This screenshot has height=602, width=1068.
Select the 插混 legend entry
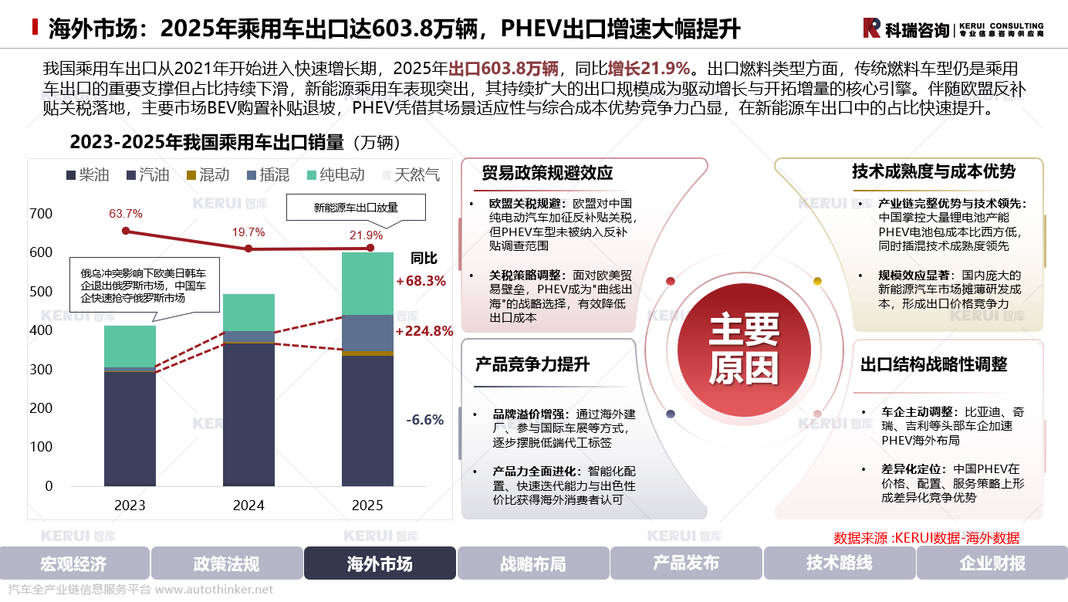(x=267, y=174)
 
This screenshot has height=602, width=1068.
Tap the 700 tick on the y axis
(x=40, y=214)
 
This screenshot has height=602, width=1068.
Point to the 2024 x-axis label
(x=248, y=506)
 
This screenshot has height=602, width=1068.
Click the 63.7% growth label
(x=126, y=213)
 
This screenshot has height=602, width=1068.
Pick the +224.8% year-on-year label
(x=424, y=332)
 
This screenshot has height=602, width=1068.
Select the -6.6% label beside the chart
(x=425, y=421)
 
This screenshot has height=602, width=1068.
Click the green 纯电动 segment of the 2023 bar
(x=130, y=346)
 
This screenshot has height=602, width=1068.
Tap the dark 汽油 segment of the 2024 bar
(x=248, y=413)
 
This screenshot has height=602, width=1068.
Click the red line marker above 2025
(x=370, y=248)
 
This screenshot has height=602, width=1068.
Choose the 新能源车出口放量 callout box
(x=355, y=208)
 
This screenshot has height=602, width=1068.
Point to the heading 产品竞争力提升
(x=532, y=365)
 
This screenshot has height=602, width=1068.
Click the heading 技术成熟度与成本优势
(x=934, y=171)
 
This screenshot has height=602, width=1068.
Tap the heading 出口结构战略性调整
(x=934, y=365)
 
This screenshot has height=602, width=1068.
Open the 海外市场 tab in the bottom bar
(x=380, y=563)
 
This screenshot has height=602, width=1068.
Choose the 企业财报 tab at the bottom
(x=992, y=563)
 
